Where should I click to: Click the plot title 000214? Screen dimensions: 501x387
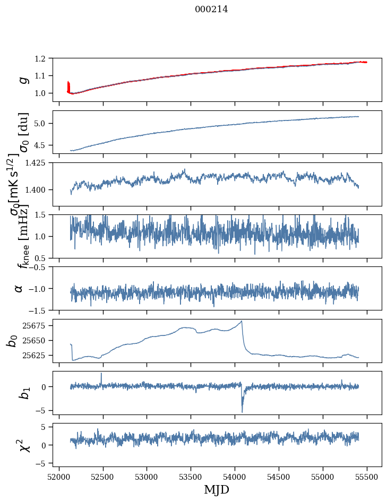tap(211, 9)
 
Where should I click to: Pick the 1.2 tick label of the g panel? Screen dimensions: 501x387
tap(45, 58)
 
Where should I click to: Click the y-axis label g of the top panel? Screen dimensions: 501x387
tap(22, 80)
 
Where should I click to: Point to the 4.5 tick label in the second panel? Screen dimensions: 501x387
tap(45, 145)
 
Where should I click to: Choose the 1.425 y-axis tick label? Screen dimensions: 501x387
tap(40, 163)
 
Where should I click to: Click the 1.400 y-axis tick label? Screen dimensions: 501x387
tap(40, 189)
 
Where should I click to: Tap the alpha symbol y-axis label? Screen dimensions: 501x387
tap(19, 288)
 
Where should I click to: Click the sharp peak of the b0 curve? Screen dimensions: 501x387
tap(242, 321)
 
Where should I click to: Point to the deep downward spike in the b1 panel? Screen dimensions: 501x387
tap(242, 412)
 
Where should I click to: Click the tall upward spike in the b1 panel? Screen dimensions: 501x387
tap(101, 373)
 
